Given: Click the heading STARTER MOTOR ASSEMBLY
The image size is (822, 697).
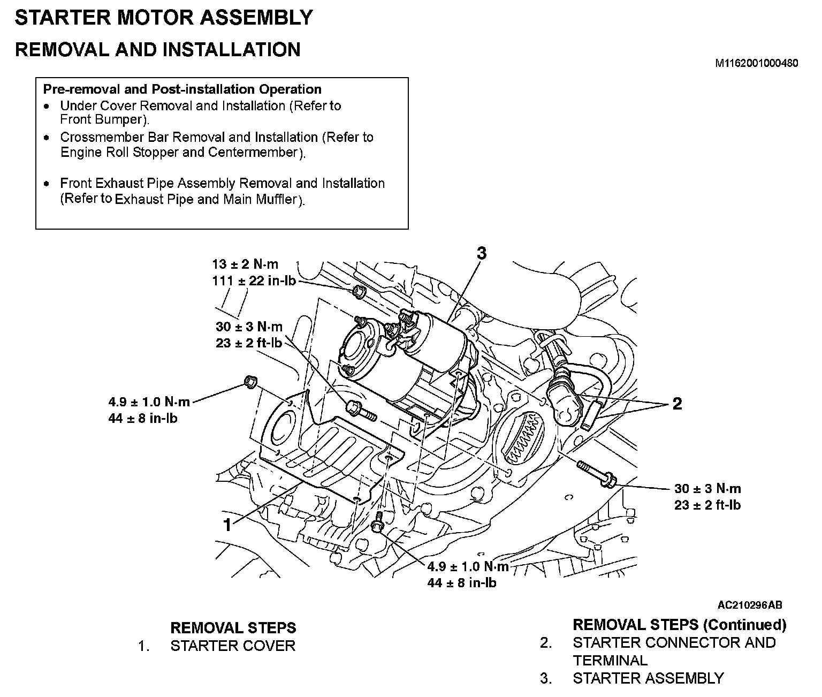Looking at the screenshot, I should pos(163,18).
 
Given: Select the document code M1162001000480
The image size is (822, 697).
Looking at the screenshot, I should pos(757,63).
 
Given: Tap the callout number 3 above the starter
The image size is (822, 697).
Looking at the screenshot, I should pos(481,253).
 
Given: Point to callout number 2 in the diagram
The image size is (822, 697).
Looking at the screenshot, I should pos(677,404).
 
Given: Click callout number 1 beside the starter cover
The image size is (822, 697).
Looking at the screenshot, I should pos(228,525).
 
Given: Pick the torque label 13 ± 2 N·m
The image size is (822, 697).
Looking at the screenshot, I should pos(245,264).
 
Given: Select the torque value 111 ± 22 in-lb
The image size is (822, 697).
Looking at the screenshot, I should pos(254,281).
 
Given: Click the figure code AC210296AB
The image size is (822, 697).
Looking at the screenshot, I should pos(750,605).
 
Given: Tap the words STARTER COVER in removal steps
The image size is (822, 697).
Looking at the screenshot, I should pos(233,646).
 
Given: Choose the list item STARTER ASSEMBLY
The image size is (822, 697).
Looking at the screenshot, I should pos(648,678).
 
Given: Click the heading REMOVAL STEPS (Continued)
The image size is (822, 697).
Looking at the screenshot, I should pos(679,624).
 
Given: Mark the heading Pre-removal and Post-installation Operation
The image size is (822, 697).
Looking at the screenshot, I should pos(182,89).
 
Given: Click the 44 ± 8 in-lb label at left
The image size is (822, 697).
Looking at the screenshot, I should pos(143,418).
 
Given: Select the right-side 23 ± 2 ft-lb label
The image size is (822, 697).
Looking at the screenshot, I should pos(707,504).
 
